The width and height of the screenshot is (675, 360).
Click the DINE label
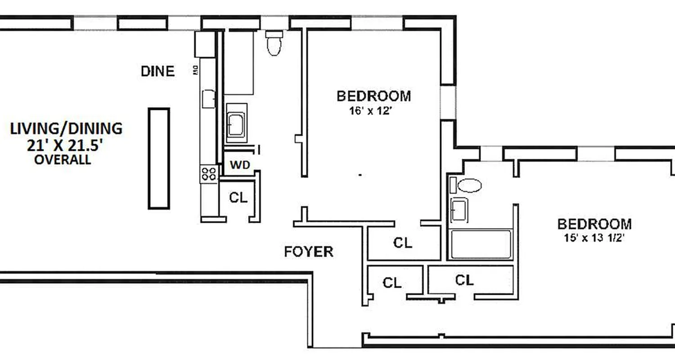[157, 71]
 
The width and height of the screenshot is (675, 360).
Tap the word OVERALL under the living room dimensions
[63, 160]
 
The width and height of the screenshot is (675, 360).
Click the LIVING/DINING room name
[66, 129]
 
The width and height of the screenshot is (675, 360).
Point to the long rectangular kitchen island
[159, 158]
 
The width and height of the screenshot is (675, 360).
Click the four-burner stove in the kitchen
[209, 174]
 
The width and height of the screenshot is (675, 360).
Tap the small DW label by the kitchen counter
[196, 71]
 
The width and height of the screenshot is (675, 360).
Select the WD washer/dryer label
[239, 165]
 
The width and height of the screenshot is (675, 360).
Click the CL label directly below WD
[238, 197]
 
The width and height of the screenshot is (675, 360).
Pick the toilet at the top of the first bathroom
[274, 44]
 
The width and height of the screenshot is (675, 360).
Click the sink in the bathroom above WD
[235, 123]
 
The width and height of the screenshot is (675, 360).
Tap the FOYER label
[309, 252]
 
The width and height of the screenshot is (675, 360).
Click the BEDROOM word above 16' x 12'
[373, 96]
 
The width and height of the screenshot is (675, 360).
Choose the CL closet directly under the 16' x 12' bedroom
[402, 243]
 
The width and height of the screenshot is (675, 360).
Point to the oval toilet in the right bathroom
[469, 185]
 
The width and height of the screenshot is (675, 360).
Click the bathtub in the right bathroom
[481, 244]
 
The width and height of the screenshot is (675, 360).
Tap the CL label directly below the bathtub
[464, 280]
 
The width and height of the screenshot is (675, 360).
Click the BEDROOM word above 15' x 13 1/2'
[594, 224]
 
